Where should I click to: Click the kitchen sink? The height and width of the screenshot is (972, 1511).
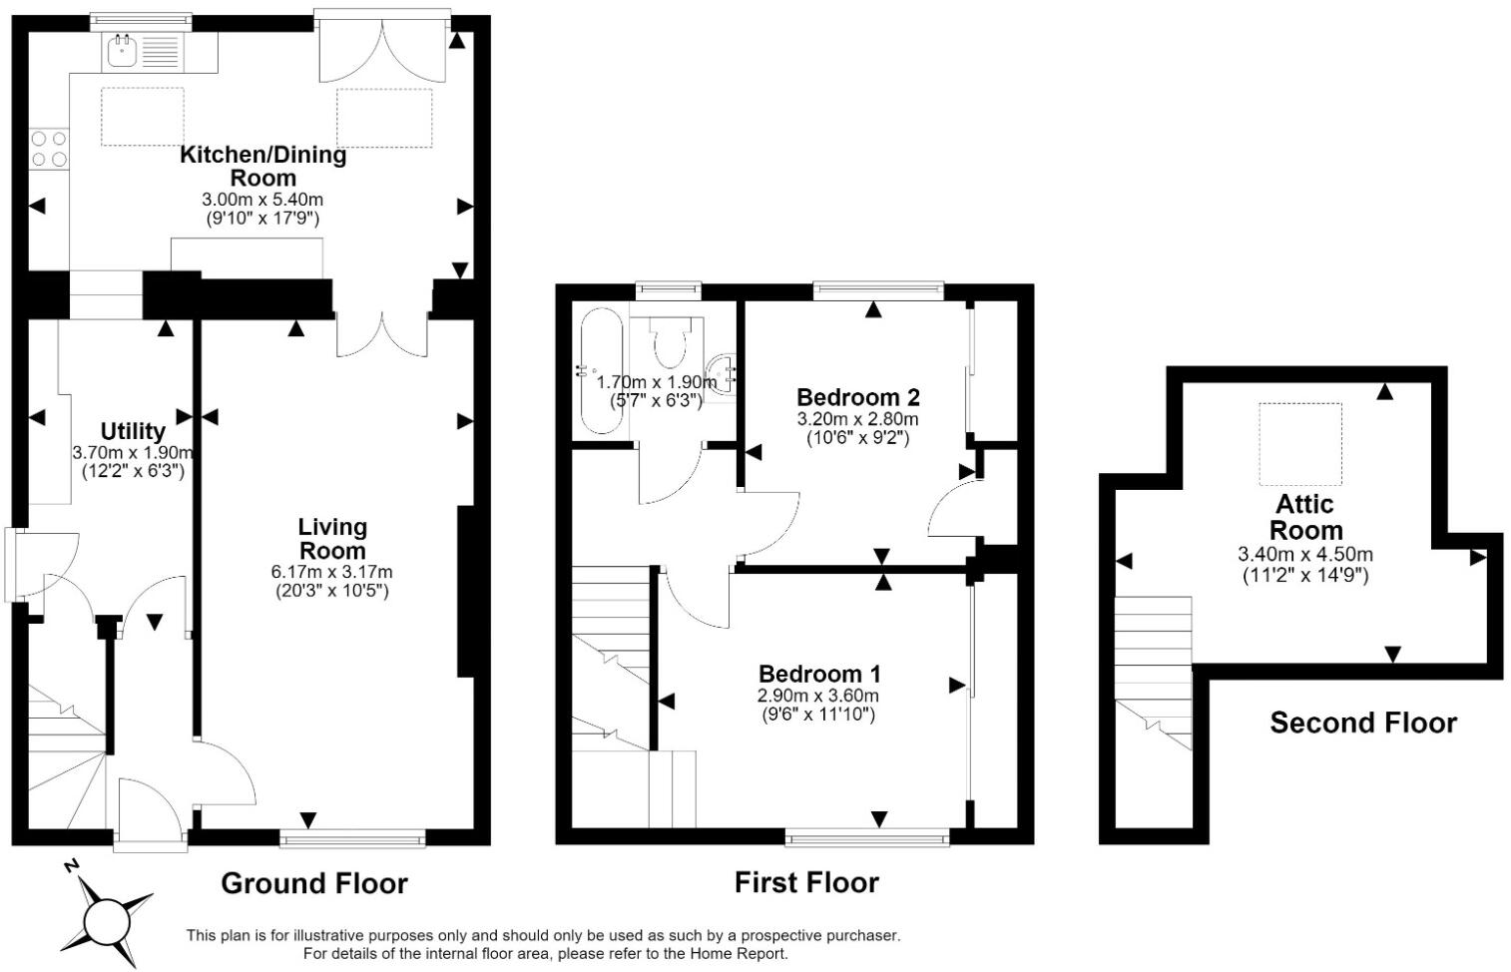[x=143, y=51]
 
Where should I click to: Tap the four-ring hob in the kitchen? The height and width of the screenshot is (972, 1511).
[x=49, y=149]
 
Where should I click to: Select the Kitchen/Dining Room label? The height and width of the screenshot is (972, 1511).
[x=263, y=166]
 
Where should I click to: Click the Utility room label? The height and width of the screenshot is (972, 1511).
[x=133, y=431]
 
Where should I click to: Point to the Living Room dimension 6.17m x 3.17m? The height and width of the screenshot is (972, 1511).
[x=332, y=572]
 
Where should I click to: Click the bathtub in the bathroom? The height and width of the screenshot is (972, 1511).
[x=602, y=370]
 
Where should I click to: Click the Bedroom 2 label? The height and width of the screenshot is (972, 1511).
[x=858, y=396]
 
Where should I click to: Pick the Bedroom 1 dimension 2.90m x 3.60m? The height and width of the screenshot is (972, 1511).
[x=818, y=696]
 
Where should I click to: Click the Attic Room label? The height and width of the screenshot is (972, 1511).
[x=1305, y=517]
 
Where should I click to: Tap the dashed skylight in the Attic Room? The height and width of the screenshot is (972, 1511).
[x=1300, y=444]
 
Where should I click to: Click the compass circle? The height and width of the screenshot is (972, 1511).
[x=105, y=921]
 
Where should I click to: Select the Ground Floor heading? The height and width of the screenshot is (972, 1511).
[x=314, y=883]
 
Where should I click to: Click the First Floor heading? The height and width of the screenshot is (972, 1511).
[x=806, y=883]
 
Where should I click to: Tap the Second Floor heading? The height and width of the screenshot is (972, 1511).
[x=1363, y=724]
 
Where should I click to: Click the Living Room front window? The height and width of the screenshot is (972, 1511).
[x=352, y=838]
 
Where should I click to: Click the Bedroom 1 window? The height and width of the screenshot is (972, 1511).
[x=867, y=838]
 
